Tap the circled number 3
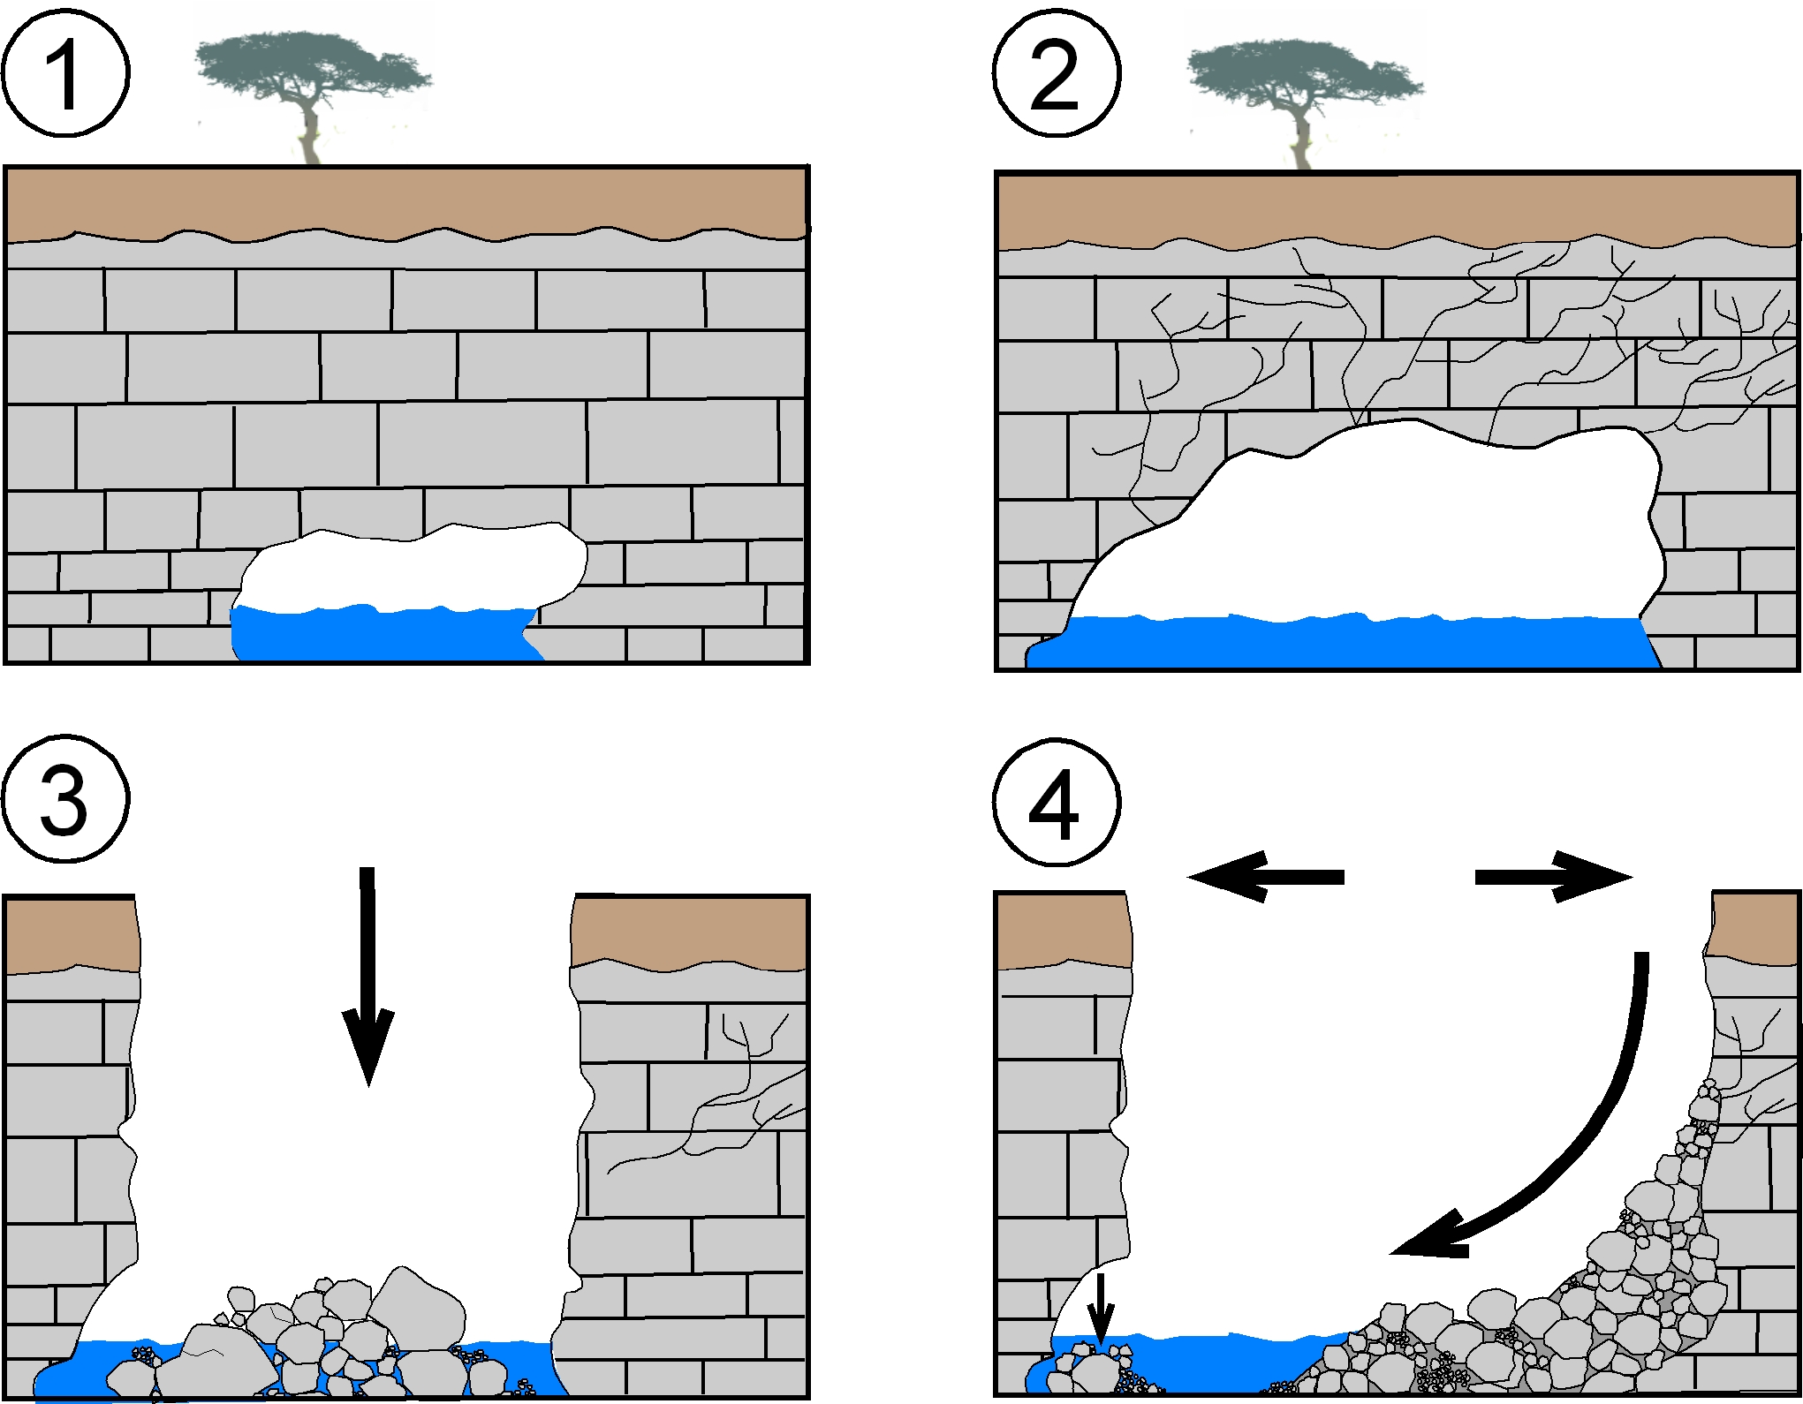click(x=65, y=798)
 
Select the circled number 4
click(x=1057, y=802)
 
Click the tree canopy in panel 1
click(x=309, y=66)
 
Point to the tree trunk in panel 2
click(x=1300, y=141)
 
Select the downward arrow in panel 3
click(x=367, y=971)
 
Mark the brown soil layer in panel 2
click(x=1396, y=208)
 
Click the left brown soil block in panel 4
click(x=1064, y=931)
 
